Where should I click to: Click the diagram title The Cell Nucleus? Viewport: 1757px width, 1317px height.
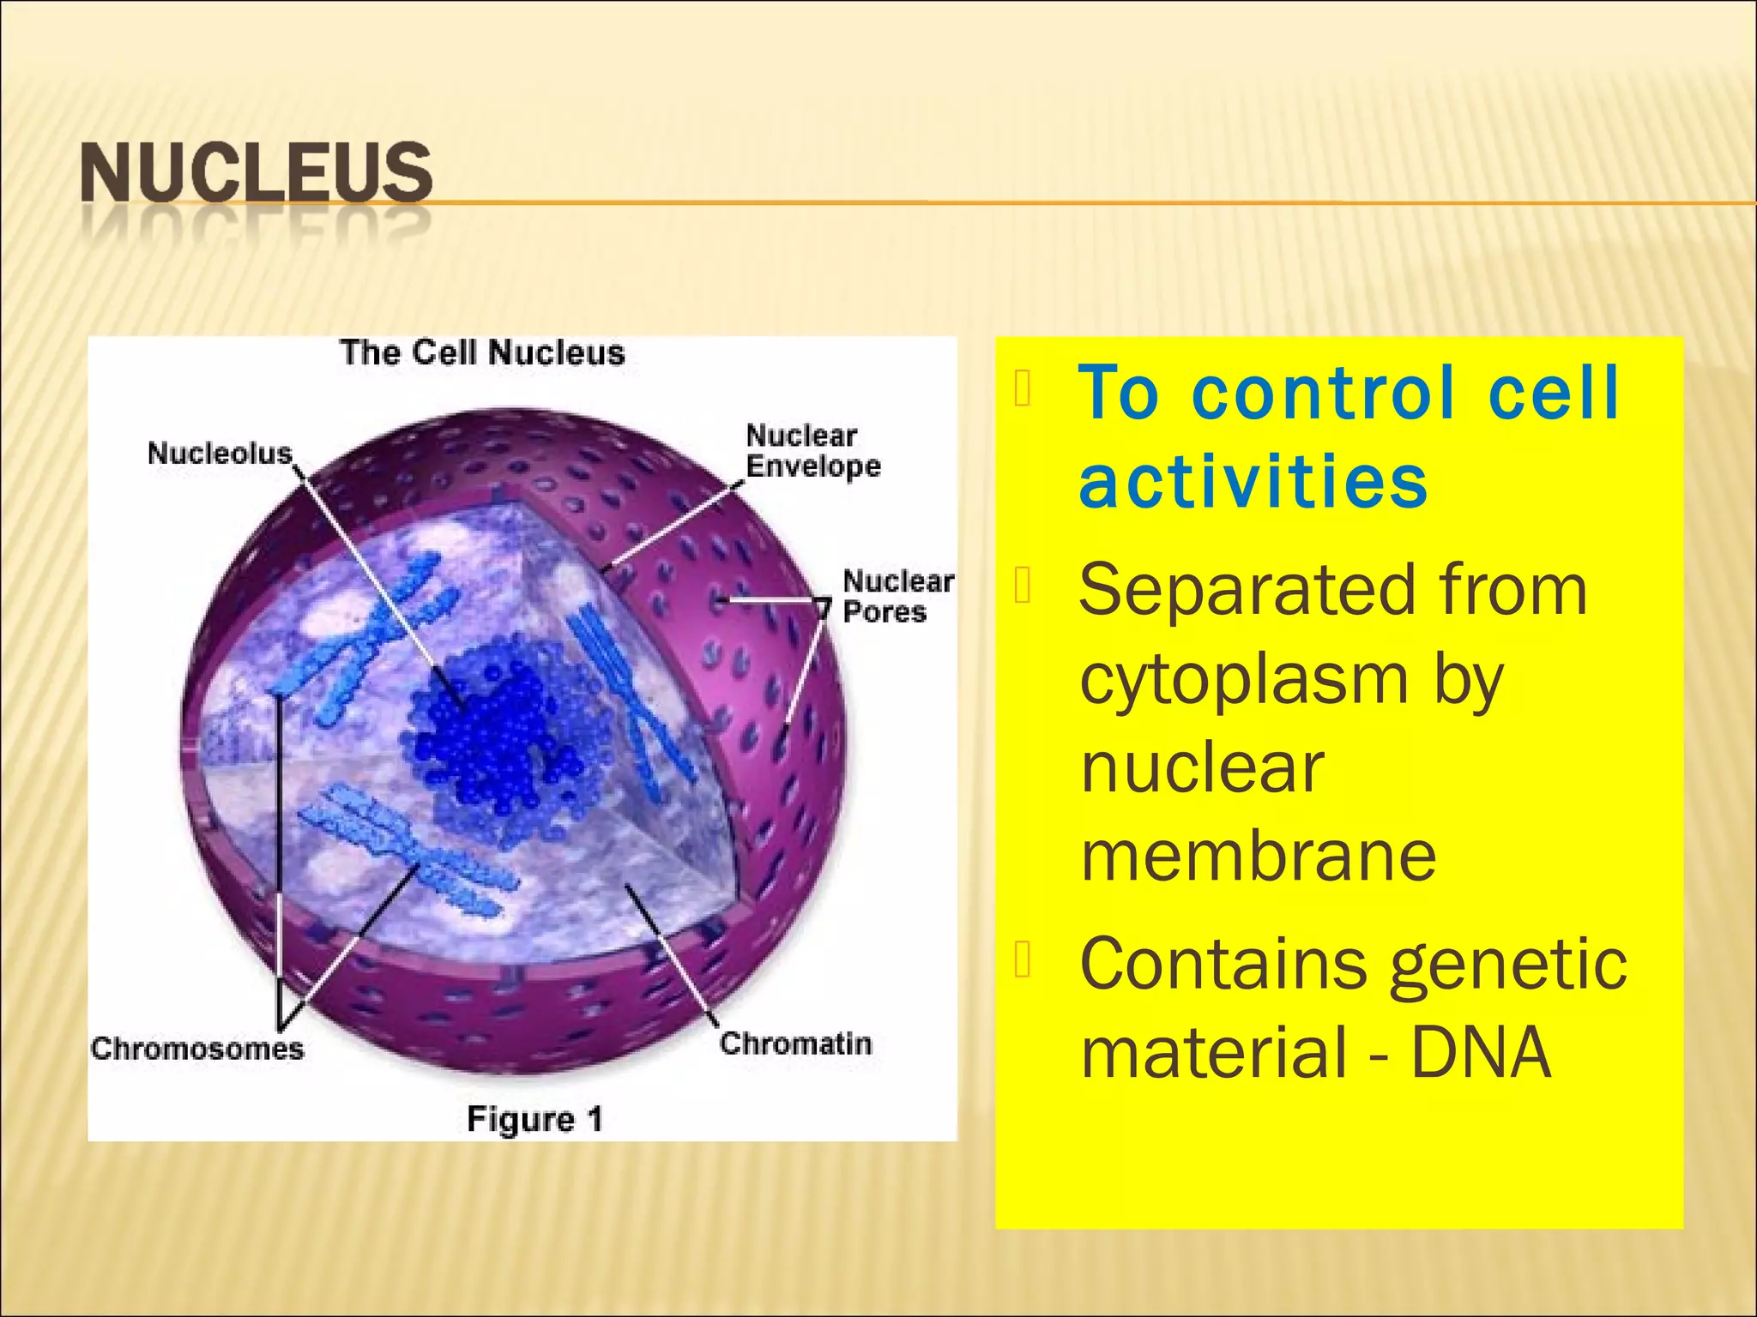click(x=482, y=352)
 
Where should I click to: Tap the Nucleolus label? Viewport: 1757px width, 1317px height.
click(x=220, y=453)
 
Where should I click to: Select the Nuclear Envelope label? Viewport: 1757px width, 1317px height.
click(x=812, y=451)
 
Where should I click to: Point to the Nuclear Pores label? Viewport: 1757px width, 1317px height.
click(x=897, y=596)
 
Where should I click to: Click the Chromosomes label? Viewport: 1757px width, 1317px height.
click(x=197, y=1048)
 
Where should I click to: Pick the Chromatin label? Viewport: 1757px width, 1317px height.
click(x=795, y=1043)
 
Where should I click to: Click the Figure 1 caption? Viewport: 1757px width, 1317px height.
click(x=534, y=1119)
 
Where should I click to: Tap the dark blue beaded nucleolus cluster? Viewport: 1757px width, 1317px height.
click(x=498, y=729)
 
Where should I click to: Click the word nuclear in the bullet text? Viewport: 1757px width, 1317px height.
click(x=1202, y=767)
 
